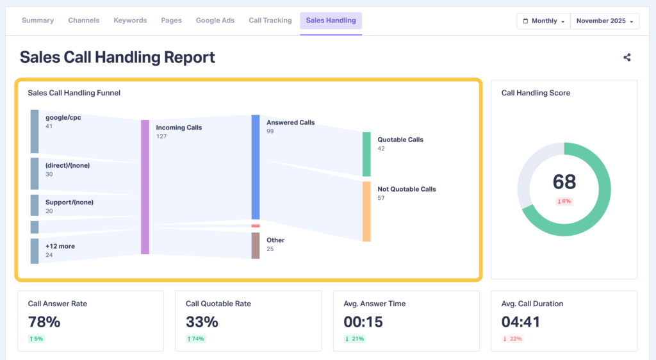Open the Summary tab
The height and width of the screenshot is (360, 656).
point(38,20)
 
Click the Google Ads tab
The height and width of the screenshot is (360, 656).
point(215,20)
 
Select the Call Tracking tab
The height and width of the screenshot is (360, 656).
point(270,20)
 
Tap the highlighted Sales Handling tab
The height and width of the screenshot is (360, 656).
point(331,20)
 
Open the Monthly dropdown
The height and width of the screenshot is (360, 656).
point(544,21)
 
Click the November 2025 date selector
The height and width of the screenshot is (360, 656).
point(605,21)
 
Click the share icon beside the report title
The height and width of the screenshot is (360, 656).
point(627,57)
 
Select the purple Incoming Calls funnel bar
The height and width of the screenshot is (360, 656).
point(145,186)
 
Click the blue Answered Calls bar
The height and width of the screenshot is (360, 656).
point(256,167)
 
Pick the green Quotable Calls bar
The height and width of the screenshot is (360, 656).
point(366,154)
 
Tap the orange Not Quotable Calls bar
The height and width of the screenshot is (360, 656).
point(366,211)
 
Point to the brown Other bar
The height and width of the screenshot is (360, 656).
point(256,245)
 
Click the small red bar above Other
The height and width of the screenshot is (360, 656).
point(256,226)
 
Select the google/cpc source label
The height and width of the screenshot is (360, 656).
point(63,118)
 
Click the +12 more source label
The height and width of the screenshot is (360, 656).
point(60,245)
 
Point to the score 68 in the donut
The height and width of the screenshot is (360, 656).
point(564,182)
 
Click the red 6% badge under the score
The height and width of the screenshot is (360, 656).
point(564,201)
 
